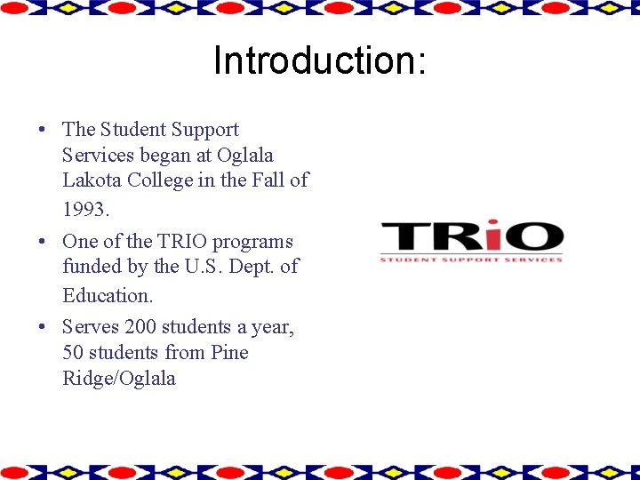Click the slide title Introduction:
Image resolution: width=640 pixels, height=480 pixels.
tap(320, 61)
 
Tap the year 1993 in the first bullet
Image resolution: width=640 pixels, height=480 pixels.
tap(84, 211)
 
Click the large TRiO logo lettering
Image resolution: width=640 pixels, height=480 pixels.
tap(471, 236)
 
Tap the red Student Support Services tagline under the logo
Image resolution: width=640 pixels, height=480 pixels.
tap(471, 260)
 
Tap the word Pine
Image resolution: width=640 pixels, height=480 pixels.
tap(229, 353)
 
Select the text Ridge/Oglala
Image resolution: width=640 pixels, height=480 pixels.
tap(119, 379)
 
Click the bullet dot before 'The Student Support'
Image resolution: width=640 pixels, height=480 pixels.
tap(43, 130)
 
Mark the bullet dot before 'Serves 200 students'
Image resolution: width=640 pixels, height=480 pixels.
tap(43, 327)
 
